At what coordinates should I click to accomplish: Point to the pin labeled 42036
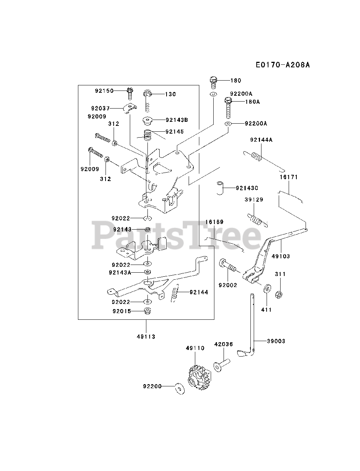(x=221, y=365)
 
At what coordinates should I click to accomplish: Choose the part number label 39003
(x=276, y=341)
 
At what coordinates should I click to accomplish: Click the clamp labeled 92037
(x=130, y=108)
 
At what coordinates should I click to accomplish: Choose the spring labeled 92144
(x=177, y=293)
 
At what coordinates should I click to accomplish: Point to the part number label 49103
(x=281, y=256)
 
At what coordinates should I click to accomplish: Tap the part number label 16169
(x=214, y=222)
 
